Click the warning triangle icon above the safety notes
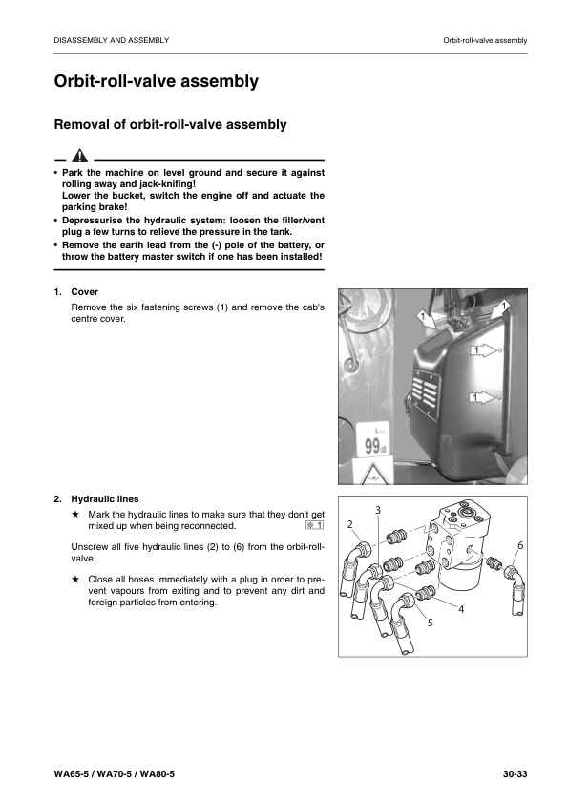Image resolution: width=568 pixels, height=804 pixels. coord(80,156)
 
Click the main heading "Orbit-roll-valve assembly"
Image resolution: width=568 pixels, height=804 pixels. coord(157,82)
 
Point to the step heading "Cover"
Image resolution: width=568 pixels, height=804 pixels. coord(85,292)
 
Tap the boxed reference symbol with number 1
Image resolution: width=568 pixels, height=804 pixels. coord(315,526)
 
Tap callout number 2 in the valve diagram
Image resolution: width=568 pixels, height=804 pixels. coord(349,525)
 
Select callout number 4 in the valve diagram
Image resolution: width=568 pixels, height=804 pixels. coord(461,609)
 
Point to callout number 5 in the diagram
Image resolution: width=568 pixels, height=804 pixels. coord(430,622)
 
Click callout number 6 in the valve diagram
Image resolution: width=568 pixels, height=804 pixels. coord(519,545)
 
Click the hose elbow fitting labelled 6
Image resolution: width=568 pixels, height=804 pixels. coord(513,575)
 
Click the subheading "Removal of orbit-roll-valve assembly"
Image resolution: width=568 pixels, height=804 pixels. coord(170,124)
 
